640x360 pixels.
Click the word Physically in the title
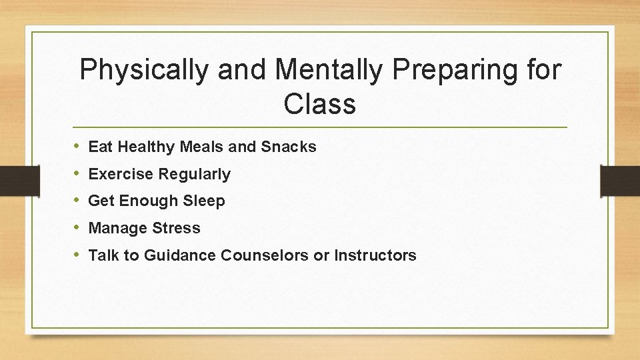pos(143,70)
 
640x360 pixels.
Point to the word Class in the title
pos(319,103)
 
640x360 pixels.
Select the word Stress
pos(176,228)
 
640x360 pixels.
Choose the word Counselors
pos(265,255)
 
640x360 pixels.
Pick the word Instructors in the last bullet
pos(375,255)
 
